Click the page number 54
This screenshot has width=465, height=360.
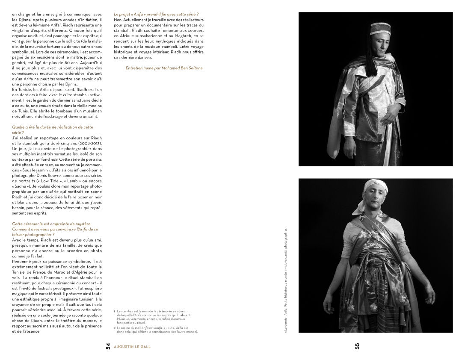[x=108, y=346]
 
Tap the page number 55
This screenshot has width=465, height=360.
[x=357, y=346]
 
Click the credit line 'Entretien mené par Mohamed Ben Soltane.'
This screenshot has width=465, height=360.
[x=164, y=68]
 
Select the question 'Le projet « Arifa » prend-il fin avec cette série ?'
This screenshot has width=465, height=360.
[x=156, y=15]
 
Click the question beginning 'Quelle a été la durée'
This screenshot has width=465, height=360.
[x=53, y=127]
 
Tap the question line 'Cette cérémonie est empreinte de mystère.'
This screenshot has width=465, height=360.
[x=52, y=224]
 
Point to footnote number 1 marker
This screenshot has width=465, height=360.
[x=114, y=311]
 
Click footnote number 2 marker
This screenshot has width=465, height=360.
[x=114, y=328]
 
